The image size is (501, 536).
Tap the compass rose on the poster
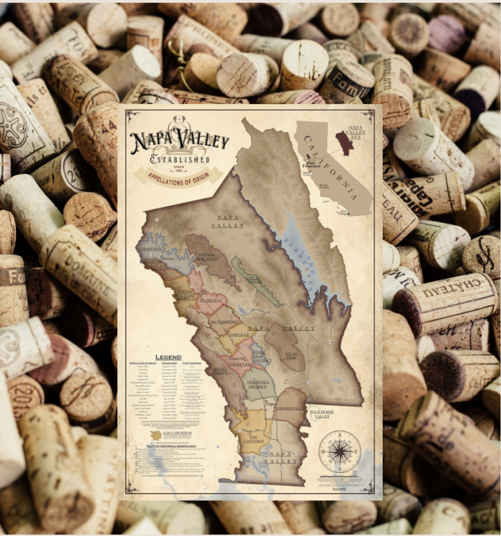click(339, 451)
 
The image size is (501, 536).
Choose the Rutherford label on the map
click(225, 322)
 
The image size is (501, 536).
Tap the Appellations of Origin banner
click(179, 175)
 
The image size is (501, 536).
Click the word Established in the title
click(180, 159)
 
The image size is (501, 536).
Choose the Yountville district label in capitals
click(241, 364)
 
